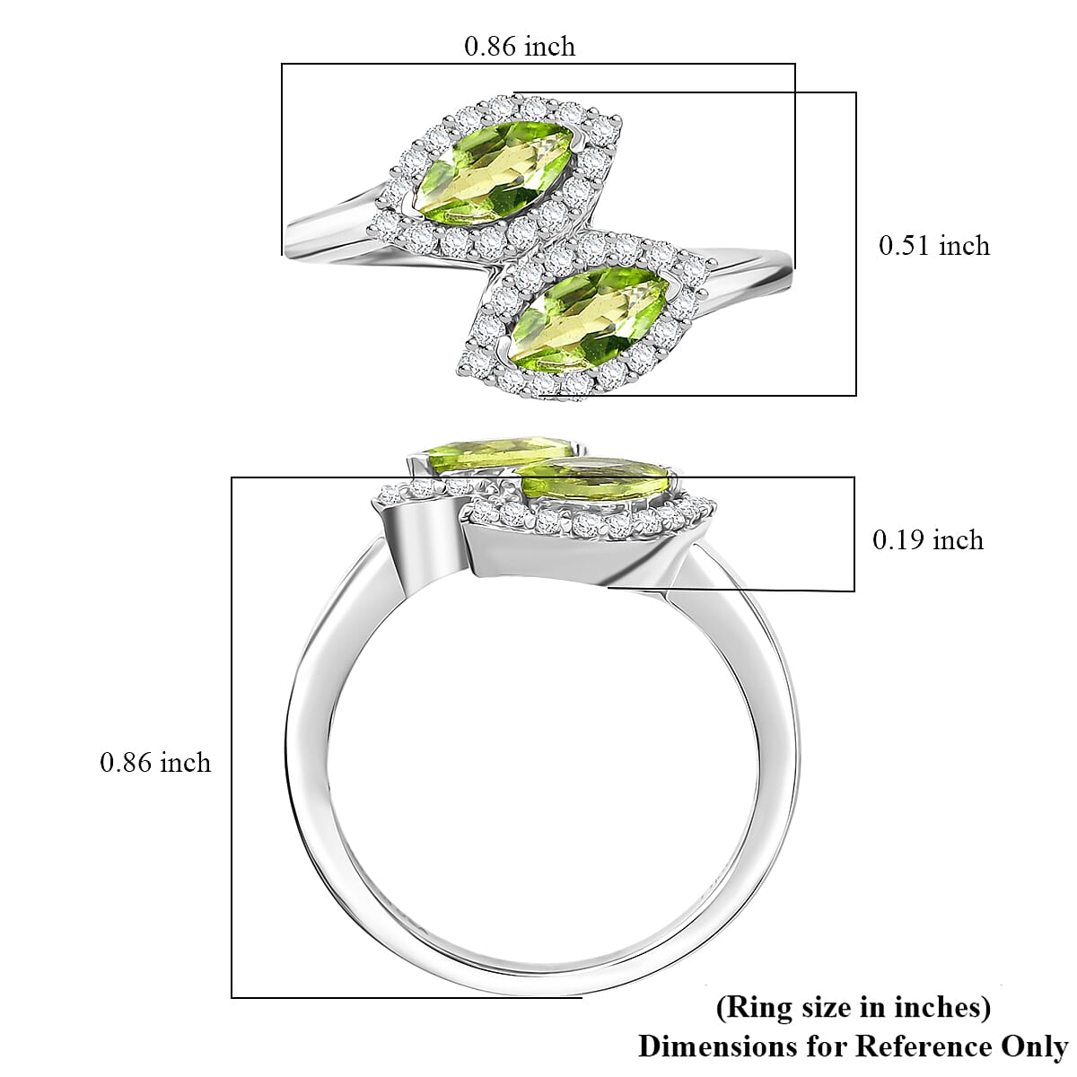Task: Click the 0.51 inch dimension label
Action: (x=933, y=246)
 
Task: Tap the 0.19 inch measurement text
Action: (x=928, y=539)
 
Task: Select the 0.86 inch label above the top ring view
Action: (x=519, y=47)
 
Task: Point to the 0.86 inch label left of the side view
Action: (x=155, y=762)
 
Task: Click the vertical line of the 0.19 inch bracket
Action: (x=854, y=534)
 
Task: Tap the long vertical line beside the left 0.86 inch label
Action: (x=232, y=736)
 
